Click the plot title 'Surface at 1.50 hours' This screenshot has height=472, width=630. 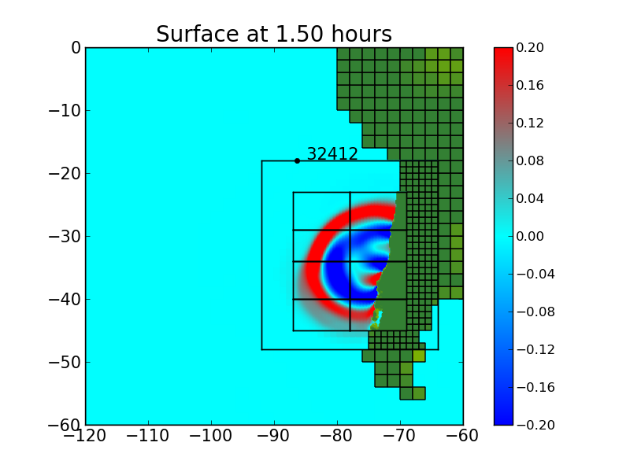(273, 35)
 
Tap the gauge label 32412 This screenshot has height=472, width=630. (332, 154)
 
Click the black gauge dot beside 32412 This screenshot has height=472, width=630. (297, 160)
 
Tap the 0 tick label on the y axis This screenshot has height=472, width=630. (76, 47)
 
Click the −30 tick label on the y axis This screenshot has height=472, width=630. (65, 236)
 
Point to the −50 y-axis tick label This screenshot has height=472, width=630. (65, 362)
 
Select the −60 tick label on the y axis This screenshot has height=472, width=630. (65, 425)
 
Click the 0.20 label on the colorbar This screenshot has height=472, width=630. (532, 47)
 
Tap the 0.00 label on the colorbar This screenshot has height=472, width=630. (532, 236)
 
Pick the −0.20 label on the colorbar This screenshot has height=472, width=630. (535, 425)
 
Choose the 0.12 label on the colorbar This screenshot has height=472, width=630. (532, 123)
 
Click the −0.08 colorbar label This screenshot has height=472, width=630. (535, 312)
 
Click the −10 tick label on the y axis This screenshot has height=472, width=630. (65, 110)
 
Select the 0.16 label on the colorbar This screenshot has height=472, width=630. (532, 85)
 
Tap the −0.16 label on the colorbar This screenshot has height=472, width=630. (535, 387)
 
